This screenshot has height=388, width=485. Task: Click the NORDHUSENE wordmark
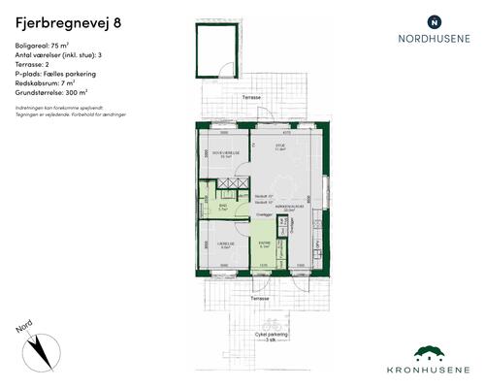click(434, 40)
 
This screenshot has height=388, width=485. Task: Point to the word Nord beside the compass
click(24, 330)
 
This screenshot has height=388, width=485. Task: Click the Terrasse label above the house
click(251, 99)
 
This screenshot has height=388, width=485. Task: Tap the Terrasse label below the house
click(256, 299)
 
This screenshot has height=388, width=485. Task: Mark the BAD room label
click(222, 207)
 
